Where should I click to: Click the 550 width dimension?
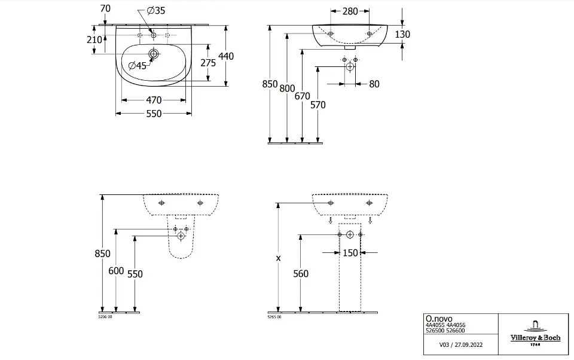point(154,114)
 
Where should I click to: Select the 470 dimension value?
point(154,100)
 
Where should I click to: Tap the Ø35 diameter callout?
point(155,11)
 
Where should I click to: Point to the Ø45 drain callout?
point(138,66)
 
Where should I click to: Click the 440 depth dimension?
point(226,56)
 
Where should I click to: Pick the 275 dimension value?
point(207,63)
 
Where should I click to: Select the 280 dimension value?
point(350,11)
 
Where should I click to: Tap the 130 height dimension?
point(402,35)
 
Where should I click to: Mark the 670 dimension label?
point(302,96)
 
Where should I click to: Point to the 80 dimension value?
point(374,84)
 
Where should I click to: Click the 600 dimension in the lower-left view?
point(116,271)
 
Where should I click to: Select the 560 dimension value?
point(301,273)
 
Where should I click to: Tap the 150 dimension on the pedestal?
point(350,253)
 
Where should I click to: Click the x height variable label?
point(277,258)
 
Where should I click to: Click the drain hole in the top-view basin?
point(154,54)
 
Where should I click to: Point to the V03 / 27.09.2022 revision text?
point(460,345)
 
